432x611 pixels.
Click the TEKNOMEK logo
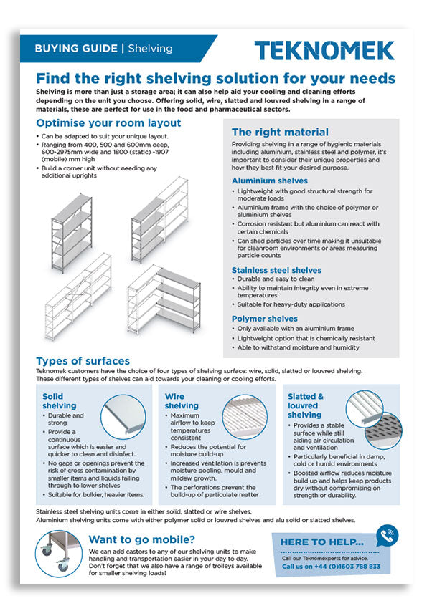pos(324,50)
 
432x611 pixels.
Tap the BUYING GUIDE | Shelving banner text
pos(103,49)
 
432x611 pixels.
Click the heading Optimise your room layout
pos(108,123)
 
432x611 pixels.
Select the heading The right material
pos(280,132)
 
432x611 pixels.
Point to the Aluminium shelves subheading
pos(270,181)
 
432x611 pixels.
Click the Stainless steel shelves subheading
pos(276,271)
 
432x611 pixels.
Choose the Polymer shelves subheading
pos(264,319)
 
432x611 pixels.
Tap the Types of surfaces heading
pos(83,361)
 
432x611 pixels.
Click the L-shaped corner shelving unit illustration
pos(164,299)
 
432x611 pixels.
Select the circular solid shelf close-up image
pos(123,417)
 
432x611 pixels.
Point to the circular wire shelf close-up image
pos(245,417)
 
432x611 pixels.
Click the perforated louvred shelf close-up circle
pos(383,431)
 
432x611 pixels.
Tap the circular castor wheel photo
pos(59,554)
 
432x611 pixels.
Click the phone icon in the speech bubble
pos(387,537)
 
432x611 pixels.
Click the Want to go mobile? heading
pos(141,539)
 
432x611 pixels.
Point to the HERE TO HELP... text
pos(322,542)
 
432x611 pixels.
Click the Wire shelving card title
pos(182,401)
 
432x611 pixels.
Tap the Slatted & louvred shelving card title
pos(306,405)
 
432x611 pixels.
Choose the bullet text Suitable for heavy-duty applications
pos(291,304)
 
